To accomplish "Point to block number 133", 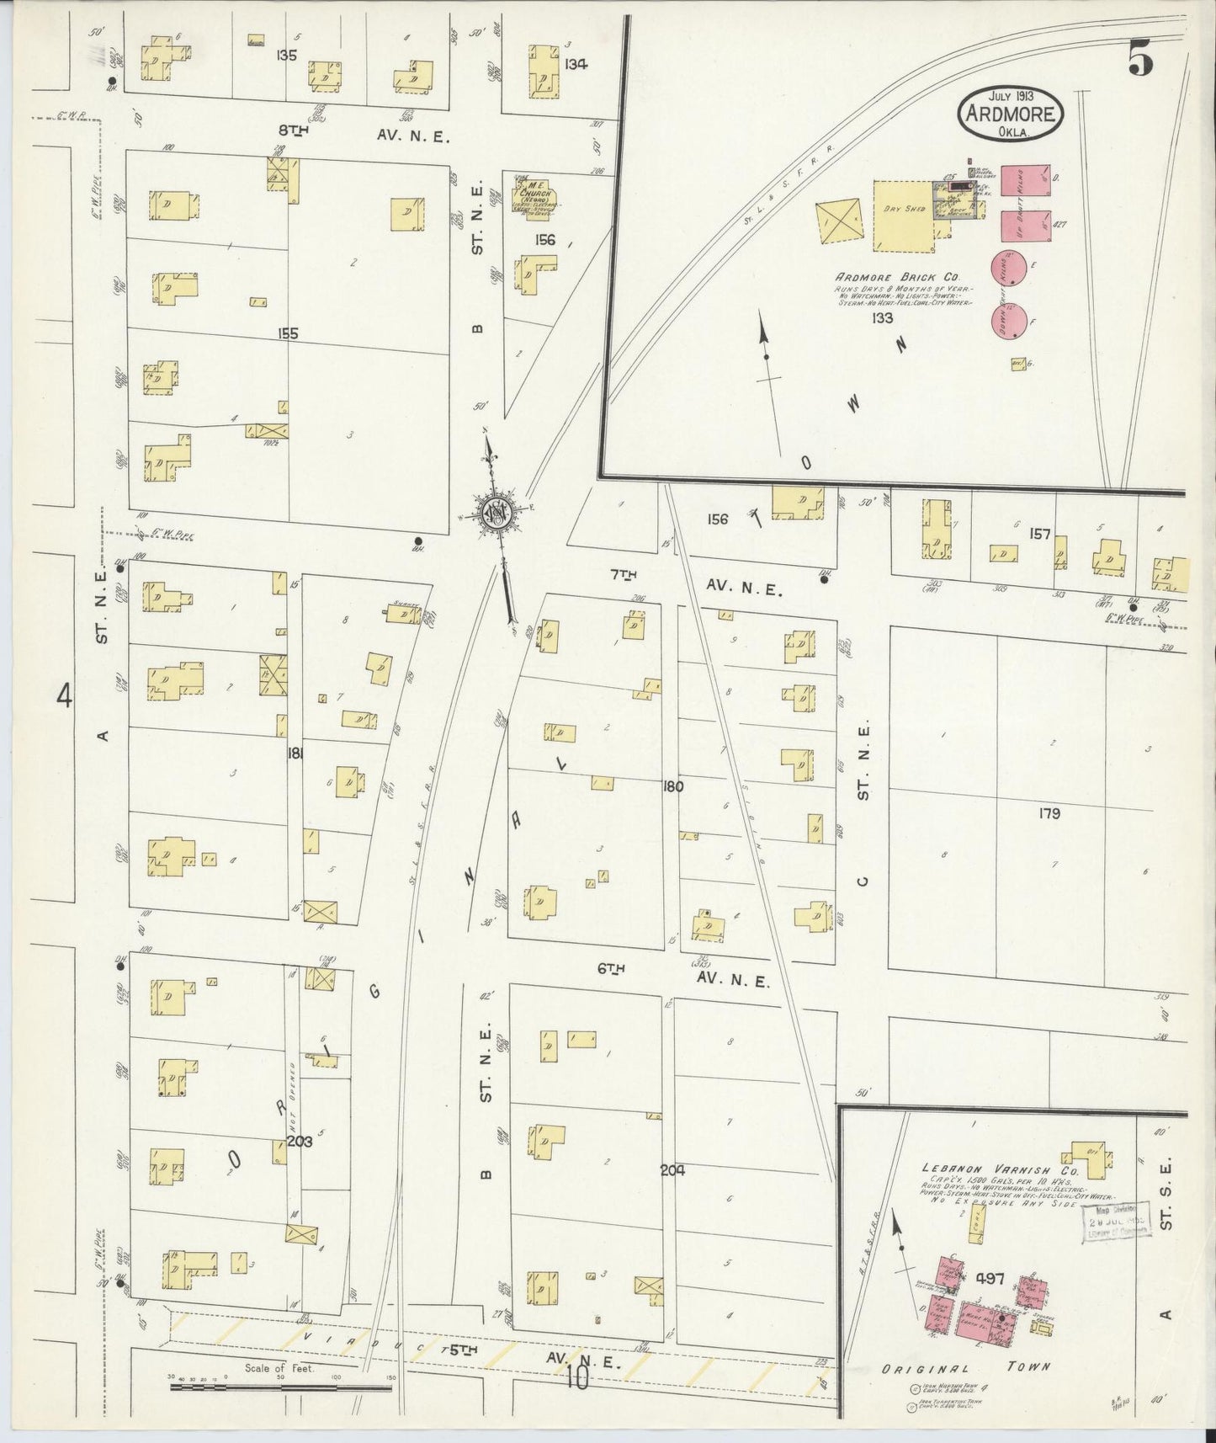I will tap(882, 318).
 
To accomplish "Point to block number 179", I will tap(1049, 813).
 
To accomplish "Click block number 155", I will tap(288, 334).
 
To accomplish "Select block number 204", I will tap(672, 1169).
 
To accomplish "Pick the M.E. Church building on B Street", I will tap(536, 196).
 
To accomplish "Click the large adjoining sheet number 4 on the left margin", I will tap(65, 697).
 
